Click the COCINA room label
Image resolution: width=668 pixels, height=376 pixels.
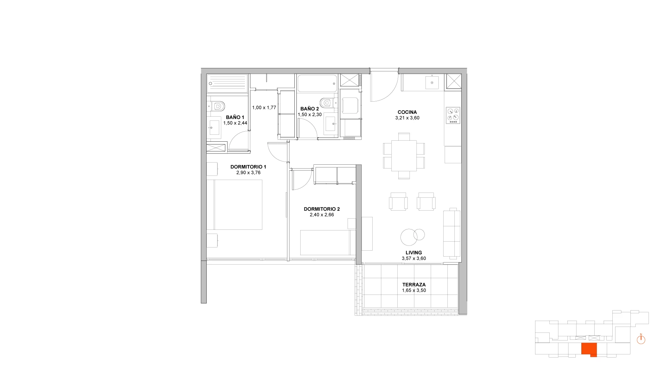click(x=407, y=112)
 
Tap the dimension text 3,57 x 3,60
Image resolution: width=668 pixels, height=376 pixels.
click(x=414, y=258)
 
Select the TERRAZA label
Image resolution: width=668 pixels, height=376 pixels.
click(x=414, y=285)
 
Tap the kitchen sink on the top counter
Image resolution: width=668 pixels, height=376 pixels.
click(x=432, y=83)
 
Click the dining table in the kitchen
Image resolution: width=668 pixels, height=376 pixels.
click(x=404, y=156)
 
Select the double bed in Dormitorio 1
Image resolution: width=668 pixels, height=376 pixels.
click(x=234, y=205)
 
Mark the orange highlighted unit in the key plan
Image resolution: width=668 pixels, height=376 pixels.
click(x=589, y=349)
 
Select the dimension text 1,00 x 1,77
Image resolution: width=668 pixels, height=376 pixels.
click(x=264, y=108)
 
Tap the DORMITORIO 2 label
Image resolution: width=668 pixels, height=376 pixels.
click(x=322, y=209)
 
